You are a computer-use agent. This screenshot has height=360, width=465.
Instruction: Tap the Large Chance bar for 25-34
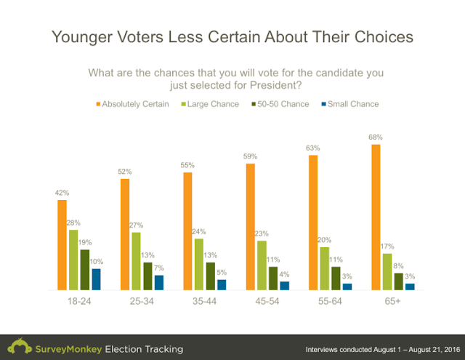136,261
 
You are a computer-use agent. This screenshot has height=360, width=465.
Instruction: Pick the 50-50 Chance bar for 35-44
210,276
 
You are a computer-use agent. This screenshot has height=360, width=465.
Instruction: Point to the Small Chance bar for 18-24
96,279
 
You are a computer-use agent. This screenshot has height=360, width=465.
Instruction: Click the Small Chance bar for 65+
410,287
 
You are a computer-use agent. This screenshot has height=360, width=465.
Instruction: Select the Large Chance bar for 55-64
325,268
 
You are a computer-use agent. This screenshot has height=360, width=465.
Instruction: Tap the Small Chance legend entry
351,104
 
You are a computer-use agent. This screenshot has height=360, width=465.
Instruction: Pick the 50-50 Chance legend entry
280,104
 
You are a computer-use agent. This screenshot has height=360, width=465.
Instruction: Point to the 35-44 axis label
205,300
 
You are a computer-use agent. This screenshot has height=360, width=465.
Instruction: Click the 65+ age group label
393,300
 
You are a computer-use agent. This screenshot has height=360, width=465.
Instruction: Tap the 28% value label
74,223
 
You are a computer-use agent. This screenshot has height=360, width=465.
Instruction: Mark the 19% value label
85,242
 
